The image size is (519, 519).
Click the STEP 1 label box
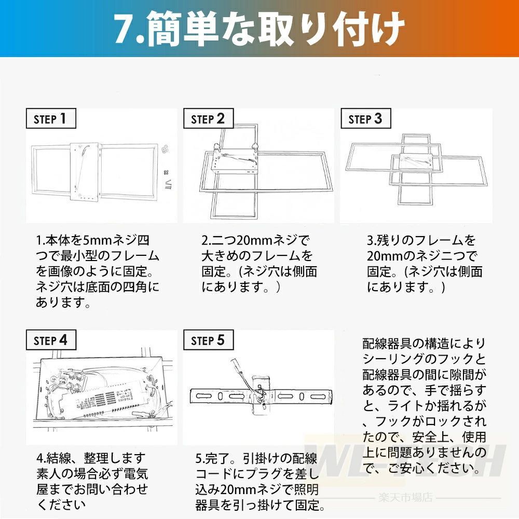coord(51,118)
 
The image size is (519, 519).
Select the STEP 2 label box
coord(209,118)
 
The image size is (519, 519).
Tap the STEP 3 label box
coord(366,118)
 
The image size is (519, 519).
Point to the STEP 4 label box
coord(51,340)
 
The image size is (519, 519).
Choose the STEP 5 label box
coord(209,340)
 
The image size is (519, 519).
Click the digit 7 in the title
coord(125,29)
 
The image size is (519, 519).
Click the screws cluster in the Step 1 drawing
coord(166,149)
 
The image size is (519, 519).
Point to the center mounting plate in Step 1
coord(85,171)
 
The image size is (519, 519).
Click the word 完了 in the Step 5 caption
coord(217,459)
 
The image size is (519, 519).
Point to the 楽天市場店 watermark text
coord(405,498)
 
